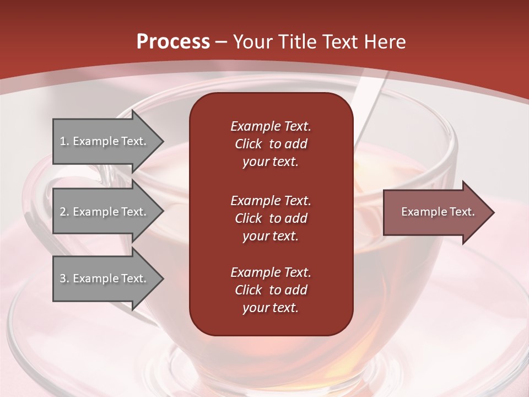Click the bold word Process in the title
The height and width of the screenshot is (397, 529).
[173, 41]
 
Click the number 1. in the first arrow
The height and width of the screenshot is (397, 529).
[64, 141]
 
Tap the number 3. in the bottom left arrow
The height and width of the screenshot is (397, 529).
[64, 278]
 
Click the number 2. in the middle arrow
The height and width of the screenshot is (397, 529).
[64, 212]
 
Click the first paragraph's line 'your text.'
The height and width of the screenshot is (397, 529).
[271, 162]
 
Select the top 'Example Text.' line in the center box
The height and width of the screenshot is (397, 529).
[271, 126]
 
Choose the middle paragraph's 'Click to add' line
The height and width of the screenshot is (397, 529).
[271, 218]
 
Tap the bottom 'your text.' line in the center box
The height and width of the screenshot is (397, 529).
[271, 308]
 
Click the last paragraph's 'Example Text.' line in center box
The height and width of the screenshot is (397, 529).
[271, 272]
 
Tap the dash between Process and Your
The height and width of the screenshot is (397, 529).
[221, 42]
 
